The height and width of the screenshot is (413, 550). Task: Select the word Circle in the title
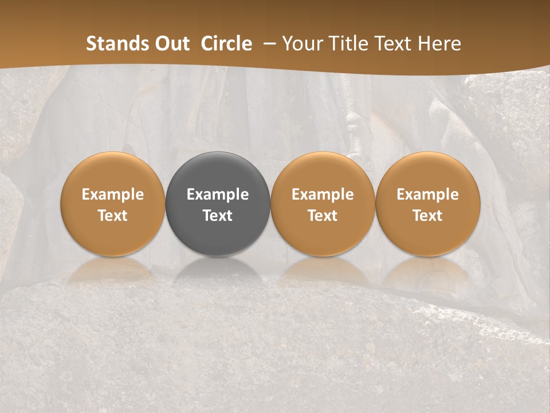pos(226,44)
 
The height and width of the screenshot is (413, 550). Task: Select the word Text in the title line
pos(395,44)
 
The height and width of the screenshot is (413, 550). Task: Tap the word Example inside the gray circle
pos(218,194)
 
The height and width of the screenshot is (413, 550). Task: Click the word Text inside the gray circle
pos(218,216)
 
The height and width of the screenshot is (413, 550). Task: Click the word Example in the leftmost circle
pos(113,194)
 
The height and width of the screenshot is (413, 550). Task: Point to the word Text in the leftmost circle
pos(113,216)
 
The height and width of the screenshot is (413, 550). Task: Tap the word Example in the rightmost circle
pos(428,194)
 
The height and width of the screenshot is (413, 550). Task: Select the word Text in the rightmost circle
pos(428,216)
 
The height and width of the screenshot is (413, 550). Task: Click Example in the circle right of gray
pos(323,194)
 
